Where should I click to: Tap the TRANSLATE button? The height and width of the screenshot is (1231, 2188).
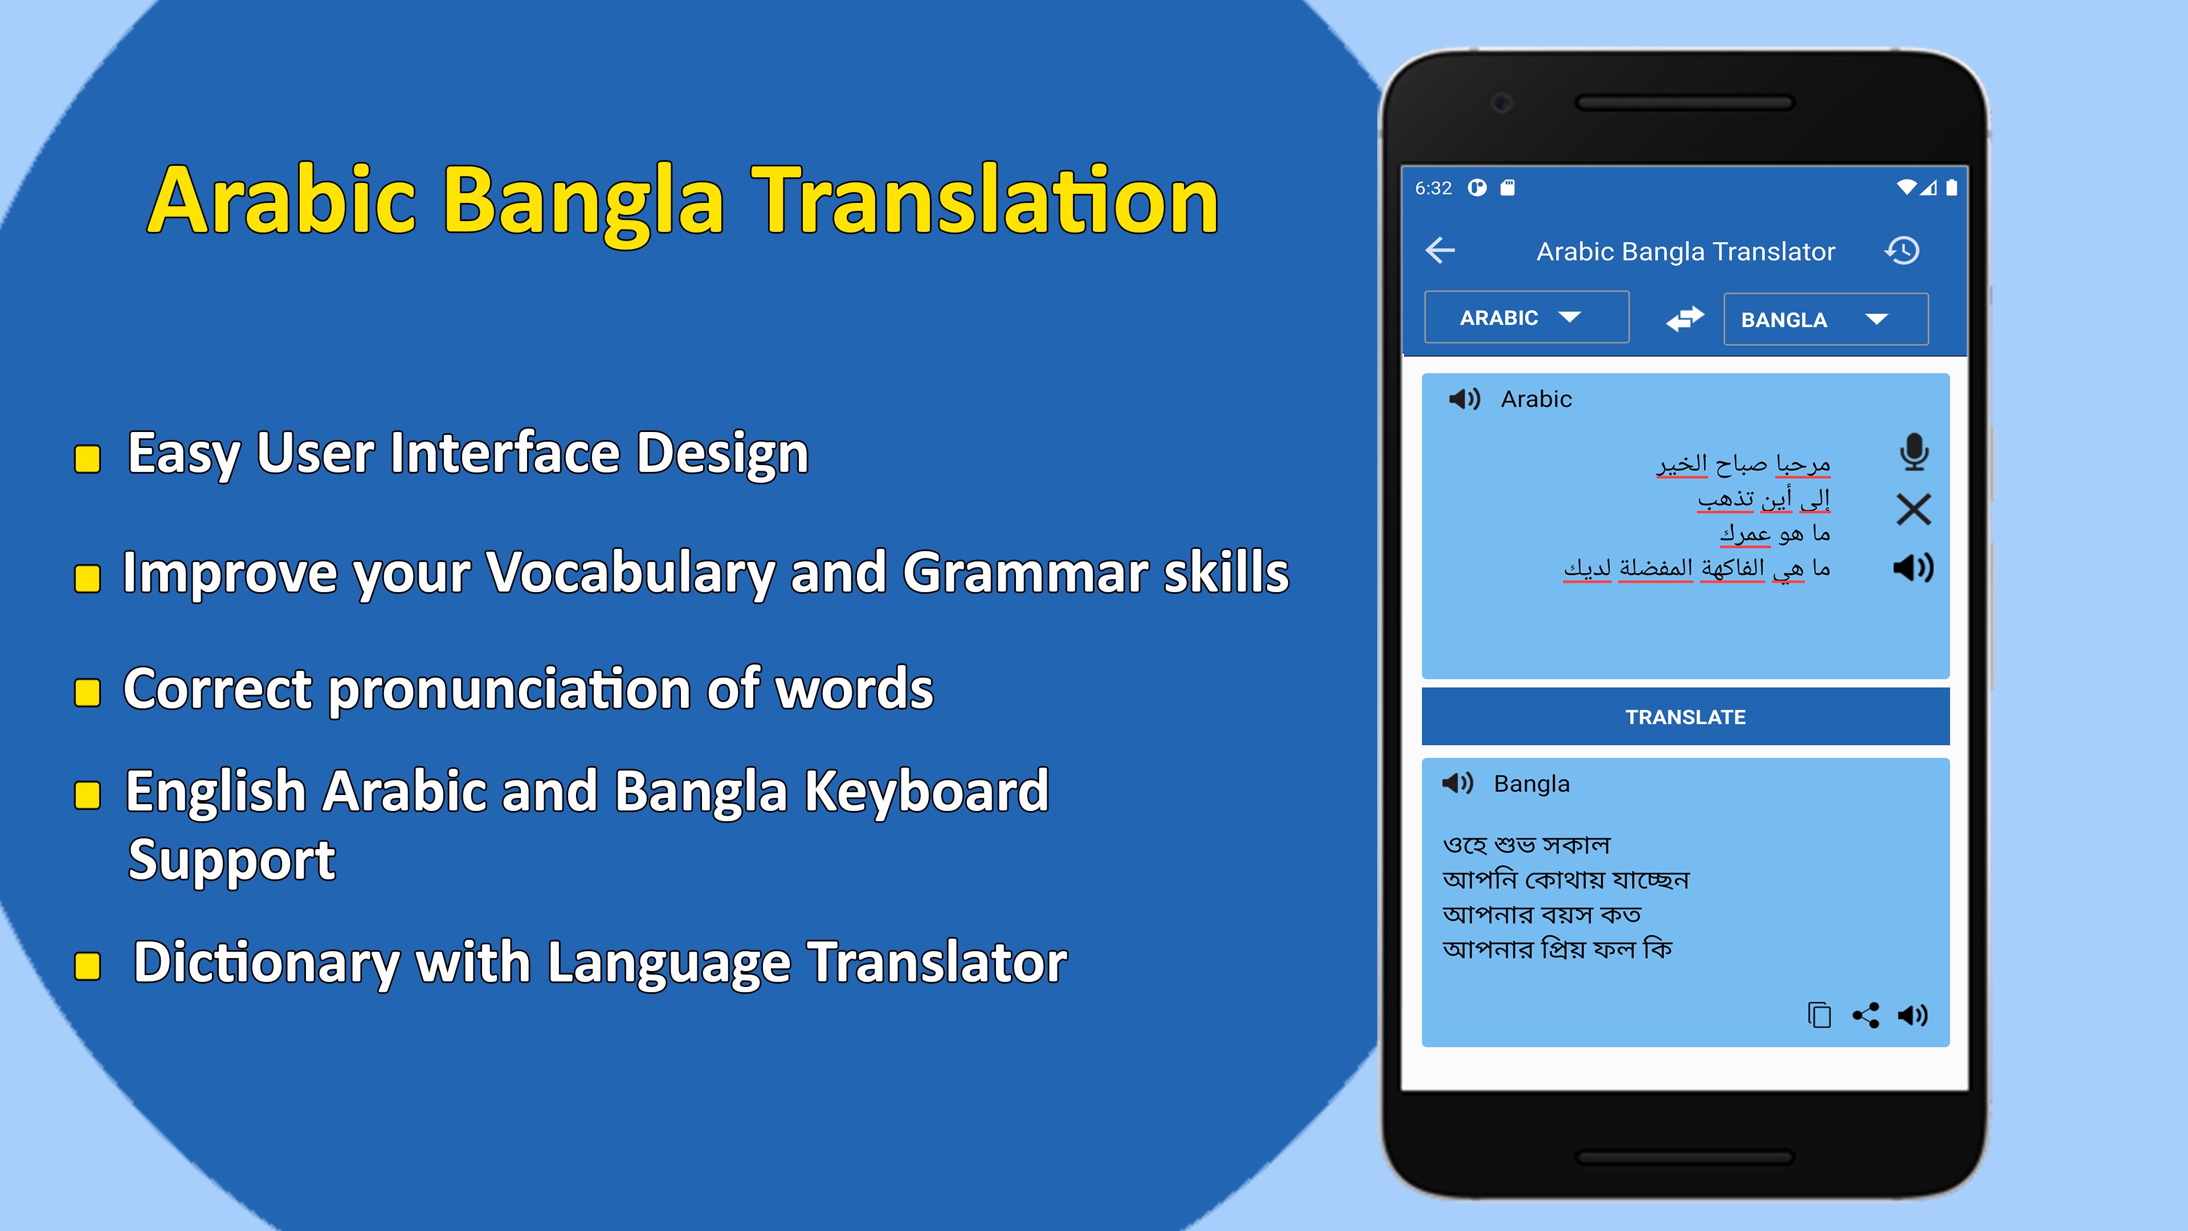pos(1685,716)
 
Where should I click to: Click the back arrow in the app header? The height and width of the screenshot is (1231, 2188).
pos(1440,251)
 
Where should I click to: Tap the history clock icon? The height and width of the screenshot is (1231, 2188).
pos(1902,251)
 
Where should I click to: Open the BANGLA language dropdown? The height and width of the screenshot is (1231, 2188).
pos(1825,319)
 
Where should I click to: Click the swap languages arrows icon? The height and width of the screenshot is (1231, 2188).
pos(1685,319)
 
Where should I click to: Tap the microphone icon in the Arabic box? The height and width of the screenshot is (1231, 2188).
pos(1914,452)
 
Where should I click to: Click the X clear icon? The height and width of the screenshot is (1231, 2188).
pos(1914,509)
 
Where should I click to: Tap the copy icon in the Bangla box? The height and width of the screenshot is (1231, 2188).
pos(1819,1014)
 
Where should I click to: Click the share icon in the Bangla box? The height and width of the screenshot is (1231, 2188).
pos(1865,1014)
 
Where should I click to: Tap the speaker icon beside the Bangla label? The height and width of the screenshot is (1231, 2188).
pos(1458,782)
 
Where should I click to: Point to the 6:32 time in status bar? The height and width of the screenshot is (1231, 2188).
pos(1433,187)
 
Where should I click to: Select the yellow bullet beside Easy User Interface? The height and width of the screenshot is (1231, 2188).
pos(88,459)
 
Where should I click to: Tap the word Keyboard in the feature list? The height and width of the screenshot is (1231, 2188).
pos(926,792)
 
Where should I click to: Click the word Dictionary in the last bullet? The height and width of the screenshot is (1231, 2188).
pos(267,963)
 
